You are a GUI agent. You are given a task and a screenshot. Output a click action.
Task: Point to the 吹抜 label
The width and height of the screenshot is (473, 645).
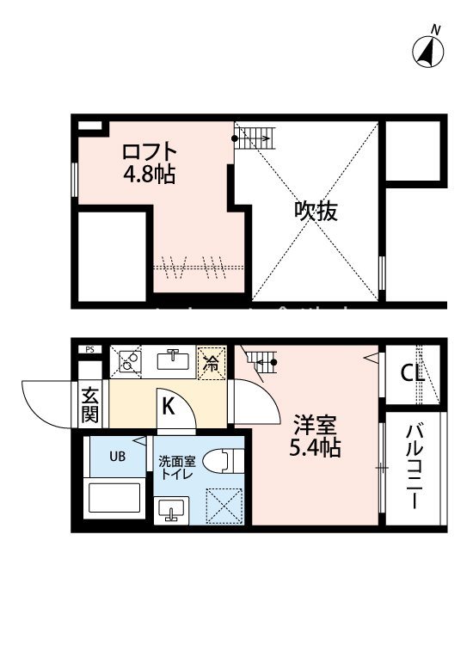316,211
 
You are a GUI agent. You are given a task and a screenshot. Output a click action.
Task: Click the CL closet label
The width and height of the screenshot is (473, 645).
414,373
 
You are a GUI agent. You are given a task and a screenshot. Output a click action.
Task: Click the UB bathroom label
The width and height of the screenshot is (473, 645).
117,457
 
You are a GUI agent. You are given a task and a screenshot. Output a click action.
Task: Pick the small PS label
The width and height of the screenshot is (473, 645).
89,349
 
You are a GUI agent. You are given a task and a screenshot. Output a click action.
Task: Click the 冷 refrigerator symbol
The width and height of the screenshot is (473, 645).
211,362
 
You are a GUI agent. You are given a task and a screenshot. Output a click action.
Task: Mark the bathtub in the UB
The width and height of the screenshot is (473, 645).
115,501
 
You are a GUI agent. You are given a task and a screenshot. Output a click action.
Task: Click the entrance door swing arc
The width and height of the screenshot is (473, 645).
45,404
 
